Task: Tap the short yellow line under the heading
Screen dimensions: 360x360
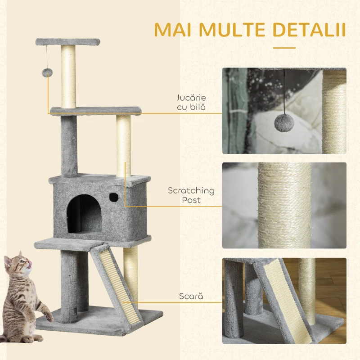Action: pos(284,47)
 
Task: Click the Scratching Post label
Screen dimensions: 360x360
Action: pos(191,195)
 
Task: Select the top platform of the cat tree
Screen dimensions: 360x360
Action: pos(67,42)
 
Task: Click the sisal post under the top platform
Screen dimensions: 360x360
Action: pos(68,76)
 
